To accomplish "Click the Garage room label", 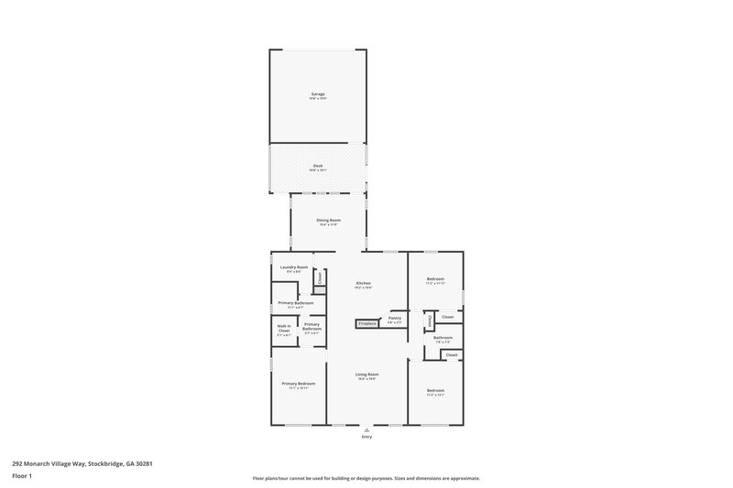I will point(318,93).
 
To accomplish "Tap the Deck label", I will point(318,167).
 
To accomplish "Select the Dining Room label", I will point(329,220).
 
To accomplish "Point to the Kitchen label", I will point(364,283).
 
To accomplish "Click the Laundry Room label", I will point(293,267).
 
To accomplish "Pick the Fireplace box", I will point(367,323).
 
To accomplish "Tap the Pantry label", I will point(395,318).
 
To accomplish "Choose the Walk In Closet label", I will point(284,328).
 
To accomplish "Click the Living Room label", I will point(367,374).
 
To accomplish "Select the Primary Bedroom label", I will point(299,383).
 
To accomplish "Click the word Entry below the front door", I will point(366,437).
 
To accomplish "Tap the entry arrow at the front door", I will point(366,428).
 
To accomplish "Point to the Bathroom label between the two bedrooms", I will point(443,338).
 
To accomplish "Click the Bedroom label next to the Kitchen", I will point(435,278).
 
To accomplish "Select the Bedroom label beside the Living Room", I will point(435,391).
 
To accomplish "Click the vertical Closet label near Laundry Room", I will point(319,277).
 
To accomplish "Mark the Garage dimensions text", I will point(318,99).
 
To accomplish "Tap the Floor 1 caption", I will point(22,476).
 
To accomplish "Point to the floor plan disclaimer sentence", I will point(366,478).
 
